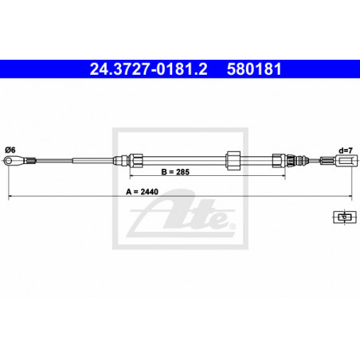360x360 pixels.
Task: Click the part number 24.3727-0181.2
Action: [148, 69]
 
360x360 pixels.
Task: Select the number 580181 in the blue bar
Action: [254, 69]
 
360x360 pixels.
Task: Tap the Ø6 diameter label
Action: [10, 150]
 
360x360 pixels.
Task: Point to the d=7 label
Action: [346, 151]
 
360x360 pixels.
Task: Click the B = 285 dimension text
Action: [175, 172]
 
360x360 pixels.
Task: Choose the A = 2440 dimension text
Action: [142, 192]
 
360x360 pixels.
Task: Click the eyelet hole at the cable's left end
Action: [9, 161]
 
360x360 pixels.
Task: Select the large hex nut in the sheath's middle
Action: [233, 161]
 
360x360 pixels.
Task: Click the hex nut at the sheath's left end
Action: [136, 161]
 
